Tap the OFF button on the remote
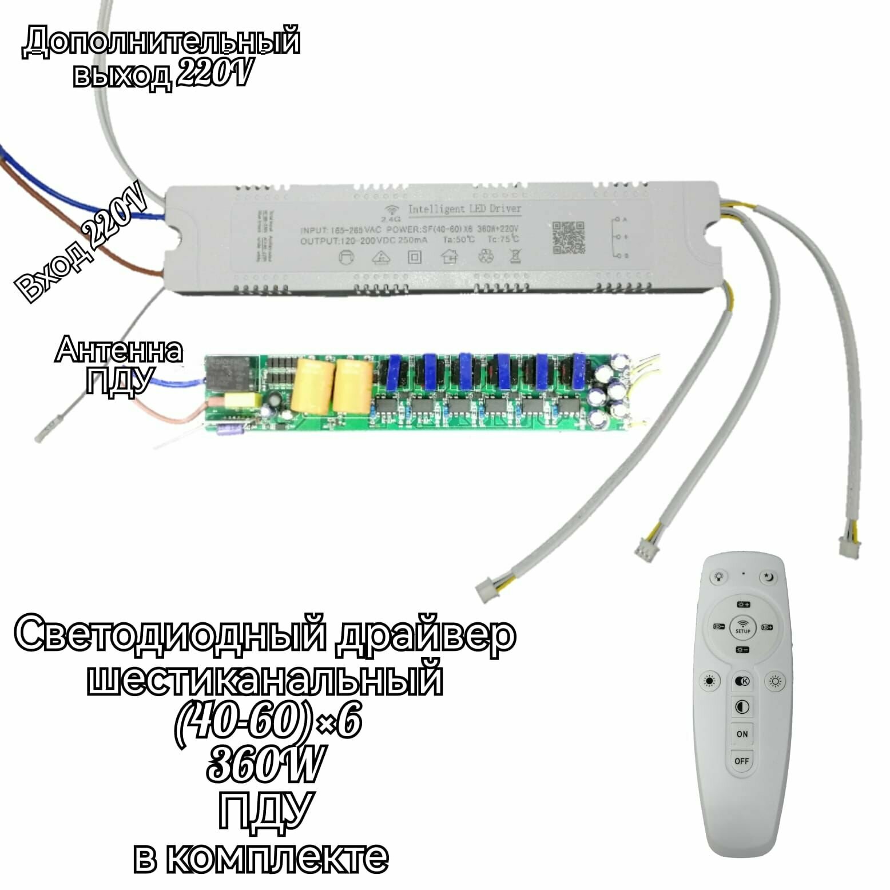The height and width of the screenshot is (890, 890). point(742,761)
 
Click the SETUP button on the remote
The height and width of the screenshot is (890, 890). point(742,628)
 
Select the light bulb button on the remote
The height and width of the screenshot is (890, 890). point(717,577)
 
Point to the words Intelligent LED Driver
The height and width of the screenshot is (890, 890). point(464,209)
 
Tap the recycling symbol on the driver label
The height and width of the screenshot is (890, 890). point(487,257)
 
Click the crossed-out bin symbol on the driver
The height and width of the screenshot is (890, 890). point(515,256)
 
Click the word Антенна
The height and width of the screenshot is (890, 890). point(119,351)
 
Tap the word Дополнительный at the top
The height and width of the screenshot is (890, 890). point(161,42)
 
